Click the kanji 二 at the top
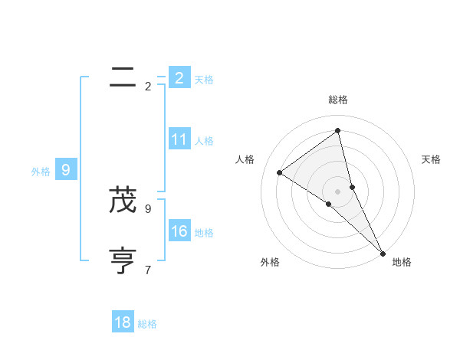(123, 77)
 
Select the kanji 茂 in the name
(123, 201)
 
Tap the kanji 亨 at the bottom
(123, 260)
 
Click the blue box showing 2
(179, 77)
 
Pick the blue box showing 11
(179, 139)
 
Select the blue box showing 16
(179, 231)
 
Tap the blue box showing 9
(66, 170)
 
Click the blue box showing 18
(123, 322)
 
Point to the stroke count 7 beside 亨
(148, 270)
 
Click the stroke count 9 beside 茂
(148, 208)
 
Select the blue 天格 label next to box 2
(204, 79)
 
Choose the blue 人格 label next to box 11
(204, 141)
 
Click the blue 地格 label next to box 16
(204, 233)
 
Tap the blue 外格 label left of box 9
(41, 172)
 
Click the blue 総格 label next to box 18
(147, 324)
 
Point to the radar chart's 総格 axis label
(338, 100)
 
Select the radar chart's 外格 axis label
(270, 262)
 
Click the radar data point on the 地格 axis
(383, 252)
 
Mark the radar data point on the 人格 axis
(280, 172)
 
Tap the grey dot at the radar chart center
(337, 191)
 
